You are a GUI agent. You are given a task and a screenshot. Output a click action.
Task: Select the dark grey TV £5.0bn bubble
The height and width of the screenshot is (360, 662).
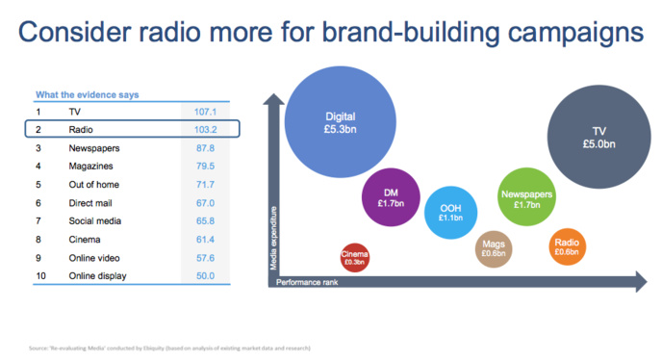(x=599, y=136)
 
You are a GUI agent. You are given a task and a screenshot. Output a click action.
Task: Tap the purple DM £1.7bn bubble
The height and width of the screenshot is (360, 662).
(x=390, y=198)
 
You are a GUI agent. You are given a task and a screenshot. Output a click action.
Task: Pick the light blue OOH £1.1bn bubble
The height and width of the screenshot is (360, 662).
(x=451, y=214)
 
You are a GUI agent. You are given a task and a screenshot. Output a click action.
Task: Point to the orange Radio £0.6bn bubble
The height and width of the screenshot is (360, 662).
(x=566, y=246)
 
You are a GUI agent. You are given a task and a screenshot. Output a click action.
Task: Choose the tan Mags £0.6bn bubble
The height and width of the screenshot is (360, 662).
(x=494, y=249)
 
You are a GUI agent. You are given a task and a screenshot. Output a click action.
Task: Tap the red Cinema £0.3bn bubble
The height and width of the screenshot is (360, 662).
(x=355, y=257)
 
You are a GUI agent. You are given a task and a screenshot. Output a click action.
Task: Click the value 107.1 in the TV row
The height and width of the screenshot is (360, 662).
(x=207, y=112)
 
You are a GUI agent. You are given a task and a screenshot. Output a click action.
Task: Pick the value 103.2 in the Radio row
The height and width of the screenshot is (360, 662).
(x=207, y=130)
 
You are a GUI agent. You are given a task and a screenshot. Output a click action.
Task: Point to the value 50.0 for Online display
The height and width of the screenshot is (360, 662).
(x=207, y=276)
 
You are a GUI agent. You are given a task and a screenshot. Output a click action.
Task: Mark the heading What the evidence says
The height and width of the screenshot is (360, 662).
(x=87, y=94)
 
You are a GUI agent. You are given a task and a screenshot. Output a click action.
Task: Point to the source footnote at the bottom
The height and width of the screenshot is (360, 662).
(x=168, y=347)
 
